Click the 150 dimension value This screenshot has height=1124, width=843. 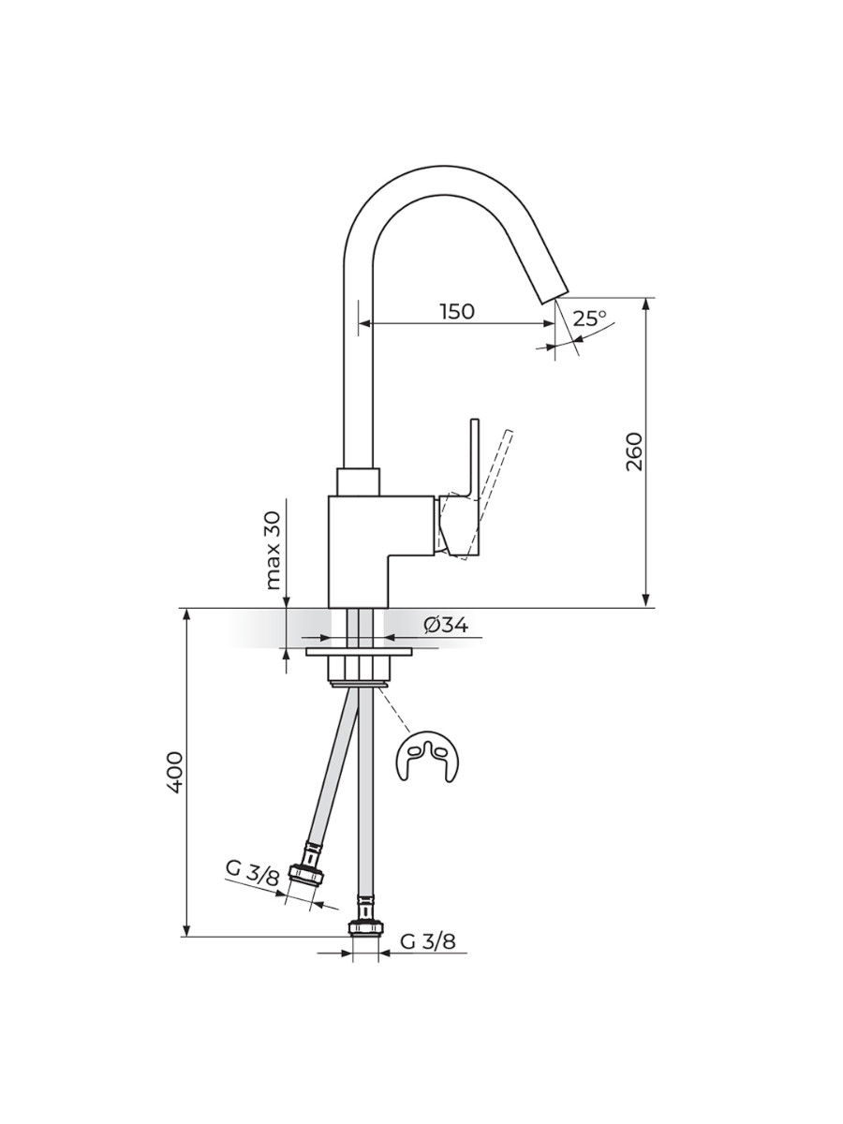[x=457, y=312]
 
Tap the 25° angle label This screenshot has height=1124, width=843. [x=590, y=318]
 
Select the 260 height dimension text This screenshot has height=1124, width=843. [x=635, y=451]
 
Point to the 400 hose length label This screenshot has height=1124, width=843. [x=175, y=772]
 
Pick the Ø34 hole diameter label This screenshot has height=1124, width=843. [x=445, y=625]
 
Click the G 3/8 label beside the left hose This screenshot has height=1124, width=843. [x=252, y=873]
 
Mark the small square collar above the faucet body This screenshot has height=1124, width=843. [x=359, y=481]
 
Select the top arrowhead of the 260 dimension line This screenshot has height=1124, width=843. [x=646, y=303]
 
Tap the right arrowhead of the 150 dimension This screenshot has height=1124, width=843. [x=549, y=323]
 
